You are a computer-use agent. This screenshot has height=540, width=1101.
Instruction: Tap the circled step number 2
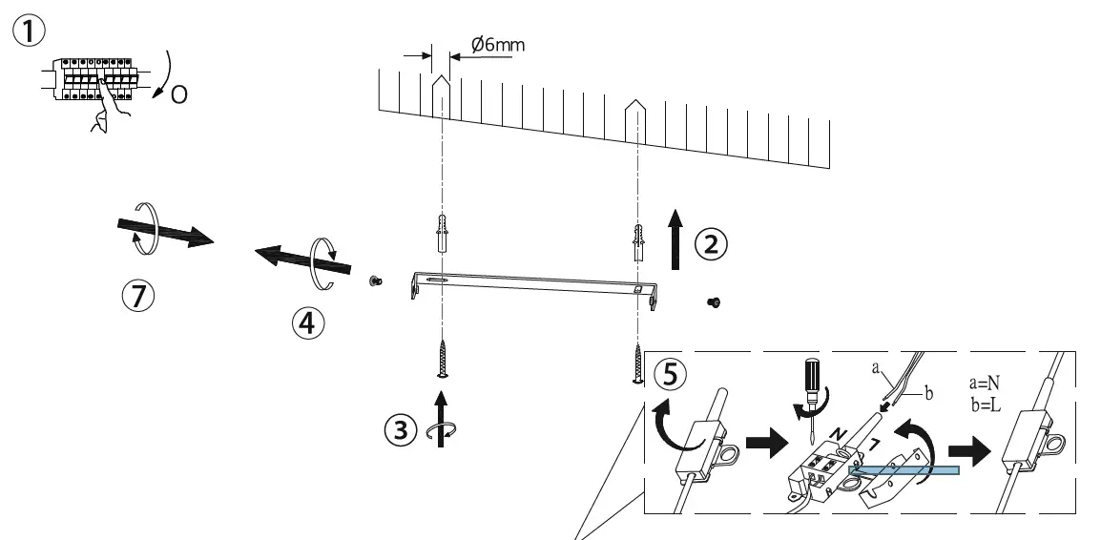710,245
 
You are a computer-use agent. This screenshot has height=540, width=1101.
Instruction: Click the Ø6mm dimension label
498,45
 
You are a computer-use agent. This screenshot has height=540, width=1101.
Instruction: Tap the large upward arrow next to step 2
676,242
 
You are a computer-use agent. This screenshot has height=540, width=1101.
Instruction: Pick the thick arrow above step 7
162,233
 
